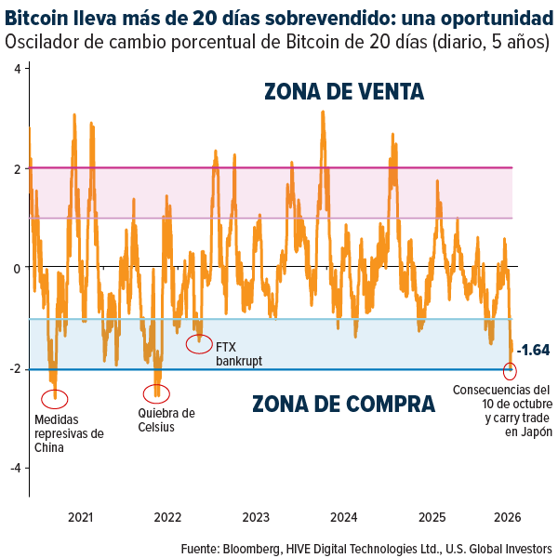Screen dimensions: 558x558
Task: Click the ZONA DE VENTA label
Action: [344, 91]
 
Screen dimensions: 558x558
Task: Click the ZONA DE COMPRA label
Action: [344, 404]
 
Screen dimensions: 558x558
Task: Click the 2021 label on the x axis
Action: [80, 517]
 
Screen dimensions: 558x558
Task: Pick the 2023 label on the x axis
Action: [256, 517]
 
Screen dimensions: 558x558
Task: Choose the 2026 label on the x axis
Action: [507, 517]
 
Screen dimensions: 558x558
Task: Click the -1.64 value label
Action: [533, 351]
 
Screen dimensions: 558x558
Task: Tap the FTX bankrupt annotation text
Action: [238, 352]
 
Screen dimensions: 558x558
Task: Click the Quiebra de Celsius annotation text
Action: [166, 420]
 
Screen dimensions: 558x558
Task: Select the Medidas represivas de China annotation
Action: [69, 433]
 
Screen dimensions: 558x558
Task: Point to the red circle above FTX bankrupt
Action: [199, 344]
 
